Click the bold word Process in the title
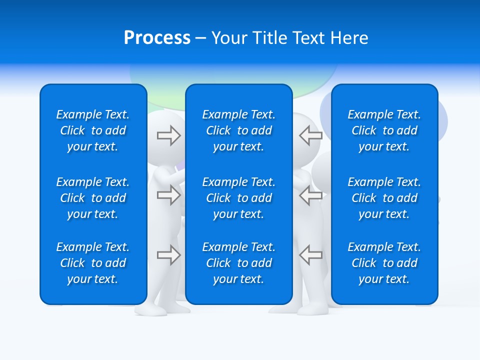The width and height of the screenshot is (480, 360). pyautogui.click(x=157, y=38)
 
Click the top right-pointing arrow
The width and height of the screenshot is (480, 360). pyautogui.click(x=168, y=135)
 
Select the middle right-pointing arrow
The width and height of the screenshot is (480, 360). pyautogui.click(x=168, y=195)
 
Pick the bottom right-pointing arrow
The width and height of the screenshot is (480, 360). pyautogui.click(x=168, y=255)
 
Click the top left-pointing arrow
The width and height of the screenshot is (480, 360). pyautogui.click(x=310, y=135)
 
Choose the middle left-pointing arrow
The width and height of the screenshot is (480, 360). pyautogui.click(x=310, y=195)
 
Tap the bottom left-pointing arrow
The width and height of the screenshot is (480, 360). pyautogui.click(x=310, y=255)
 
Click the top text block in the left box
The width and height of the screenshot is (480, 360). pyautogui.click(x=93, y=130)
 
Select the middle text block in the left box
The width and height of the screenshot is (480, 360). pyautogui.click(x=93, y=198)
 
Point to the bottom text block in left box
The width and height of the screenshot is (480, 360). pyautogui.click(x=93, y=263)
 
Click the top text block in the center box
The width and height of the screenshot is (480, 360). pyautogui.click(x=238, y=130)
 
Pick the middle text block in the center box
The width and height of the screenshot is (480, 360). pyautogui.click(x=238, y=198)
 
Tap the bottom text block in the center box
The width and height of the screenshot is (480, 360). pyautogui.click(x=238, y=263)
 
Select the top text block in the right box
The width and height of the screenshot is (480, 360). pyautogui.click(x=384, y=130)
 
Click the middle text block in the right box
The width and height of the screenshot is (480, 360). pyautogui.click(x=384, y=198)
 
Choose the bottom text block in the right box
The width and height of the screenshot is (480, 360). pyautogui.click(x=384, y=263)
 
